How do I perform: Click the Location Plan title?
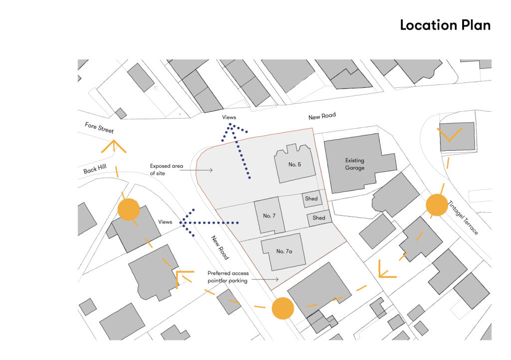(445, 25)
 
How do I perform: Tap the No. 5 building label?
(295, 164)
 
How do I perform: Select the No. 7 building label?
(269, 216)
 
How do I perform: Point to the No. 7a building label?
(284, 251)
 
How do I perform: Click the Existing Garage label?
(355, 164)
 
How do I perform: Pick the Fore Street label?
(99, 128)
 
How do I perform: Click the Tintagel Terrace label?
(463, 218)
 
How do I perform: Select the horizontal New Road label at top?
(322, 116)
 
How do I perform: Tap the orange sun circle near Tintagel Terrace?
(437, 205)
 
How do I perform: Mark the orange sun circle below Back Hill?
(128, 210)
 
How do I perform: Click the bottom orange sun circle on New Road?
(282, 308)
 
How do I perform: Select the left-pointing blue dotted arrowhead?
(185, 222)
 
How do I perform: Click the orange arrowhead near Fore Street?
(114, 145)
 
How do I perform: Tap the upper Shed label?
(311, 199)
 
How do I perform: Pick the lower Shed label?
(319, 218)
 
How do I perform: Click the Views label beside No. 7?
(165, 222)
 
